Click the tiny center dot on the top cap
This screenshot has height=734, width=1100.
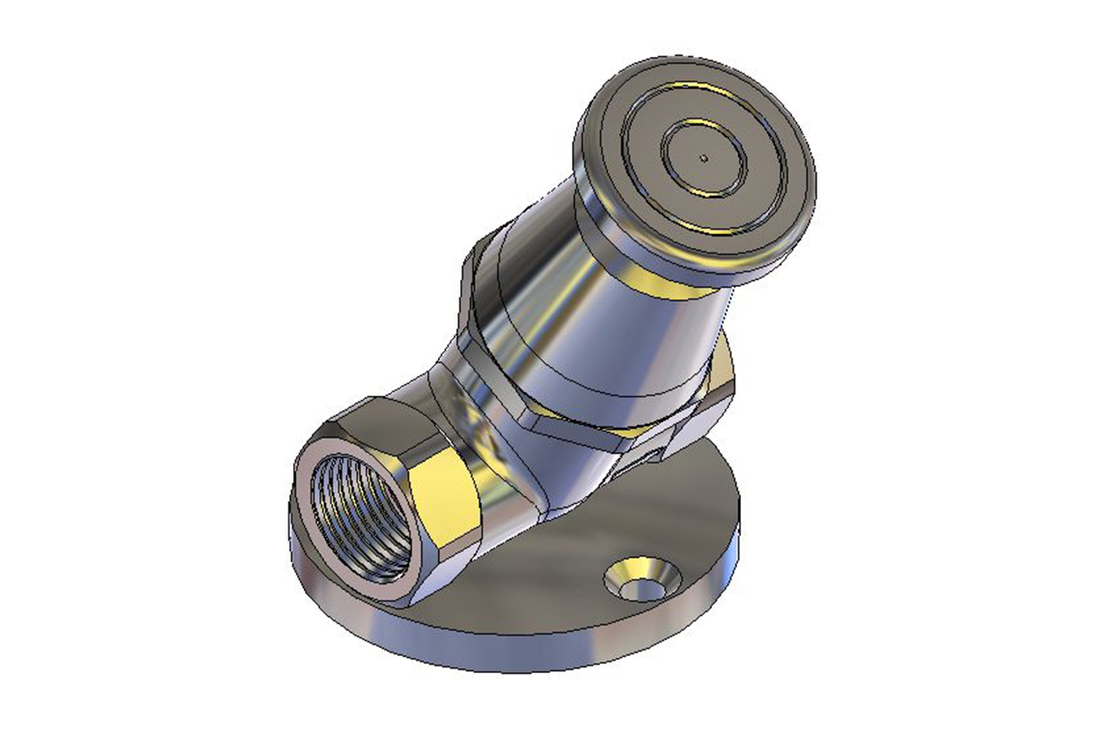(x=705, y=156)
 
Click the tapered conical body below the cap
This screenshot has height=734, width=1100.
(x=598, y=319)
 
